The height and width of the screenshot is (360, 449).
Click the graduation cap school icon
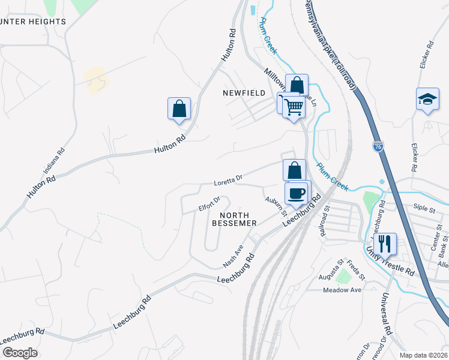coord(427,99)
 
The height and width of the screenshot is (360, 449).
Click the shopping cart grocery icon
coord(293,107)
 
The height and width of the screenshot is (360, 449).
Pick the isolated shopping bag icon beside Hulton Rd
coord(179,109)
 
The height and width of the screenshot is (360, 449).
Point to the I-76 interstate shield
coord(378,146)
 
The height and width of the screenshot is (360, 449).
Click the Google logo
coord(20,352)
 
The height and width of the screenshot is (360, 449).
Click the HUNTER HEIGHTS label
coord(33,22)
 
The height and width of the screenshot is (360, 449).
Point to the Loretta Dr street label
coord(228,179)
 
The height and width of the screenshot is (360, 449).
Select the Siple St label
coord(424,209)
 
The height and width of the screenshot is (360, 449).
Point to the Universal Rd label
coord(385,314)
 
